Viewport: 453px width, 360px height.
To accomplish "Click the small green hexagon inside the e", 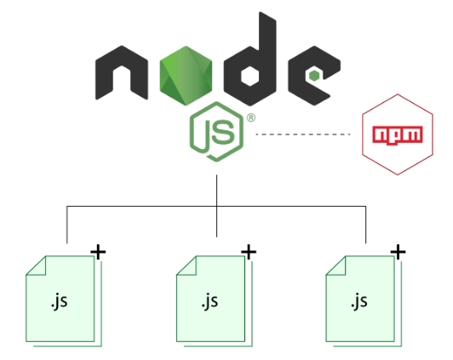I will point(314,76).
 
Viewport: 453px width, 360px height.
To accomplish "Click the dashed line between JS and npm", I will point(303,135).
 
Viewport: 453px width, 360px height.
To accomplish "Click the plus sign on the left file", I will point(99,251).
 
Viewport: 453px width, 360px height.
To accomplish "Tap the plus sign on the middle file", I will point(249,251).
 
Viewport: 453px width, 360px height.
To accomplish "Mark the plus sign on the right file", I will point(398,251).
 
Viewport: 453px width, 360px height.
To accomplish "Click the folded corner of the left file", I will point(35,266).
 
